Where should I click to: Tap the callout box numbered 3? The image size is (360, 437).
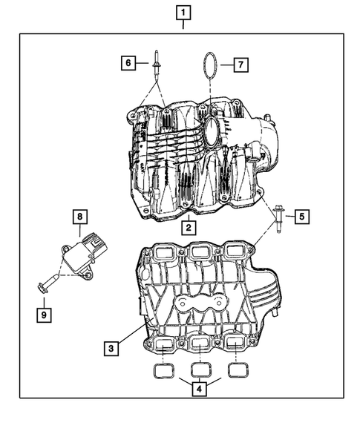[x=110, y=347]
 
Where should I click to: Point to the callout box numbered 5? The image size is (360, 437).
[x=301, y=217]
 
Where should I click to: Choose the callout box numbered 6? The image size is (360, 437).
[x=128, y=64]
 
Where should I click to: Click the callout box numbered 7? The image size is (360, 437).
[x=240, y=65]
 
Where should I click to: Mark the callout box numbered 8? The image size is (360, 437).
[x=79, y=217]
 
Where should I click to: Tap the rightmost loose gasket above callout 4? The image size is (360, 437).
[x=236, y=368]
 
